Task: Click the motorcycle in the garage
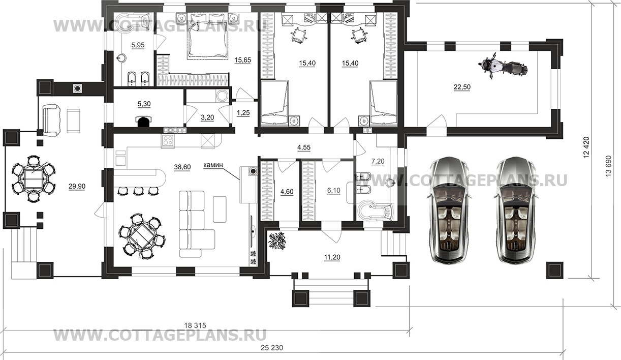(503, 67)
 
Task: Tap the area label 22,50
(462, 87)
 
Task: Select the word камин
(213, 165)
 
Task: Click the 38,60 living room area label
(182, 167)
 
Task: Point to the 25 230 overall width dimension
(272, 347)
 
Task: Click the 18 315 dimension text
(195, 325)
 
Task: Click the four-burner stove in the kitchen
(168, 141)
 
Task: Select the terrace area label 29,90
(77, 187)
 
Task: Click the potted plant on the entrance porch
(277, 241)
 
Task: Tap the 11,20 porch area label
(332, 257)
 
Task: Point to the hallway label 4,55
(304, 147)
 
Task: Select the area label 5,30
(144, 104)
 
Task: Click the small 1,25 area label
(243, 112)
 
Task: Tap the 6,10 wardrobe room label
(333, 191)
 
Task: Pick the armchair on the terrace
(51, 120)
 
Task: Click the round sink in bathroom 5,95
(121, 58)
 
